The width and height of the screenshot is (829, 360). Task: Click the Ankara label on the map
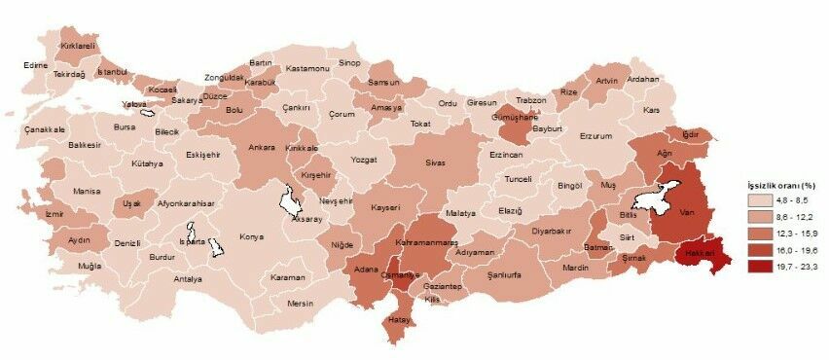coord(262,148)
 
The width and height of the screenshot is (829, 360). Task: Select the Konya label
coord(252,236)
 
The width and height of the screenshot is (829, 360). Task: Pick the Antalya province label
coord(187,279)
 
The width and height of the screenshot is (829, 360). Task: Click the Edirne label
coord(37,65)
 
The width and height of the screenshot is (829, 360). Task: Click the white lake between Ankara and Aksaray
coord(289,201)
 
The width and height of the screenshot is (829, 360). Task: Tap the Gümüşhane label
coord(516,116)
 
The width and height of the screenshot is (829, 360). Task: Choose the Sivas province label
coord(435,162)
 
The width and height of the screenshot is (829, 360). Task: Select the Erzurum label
coord(595,136)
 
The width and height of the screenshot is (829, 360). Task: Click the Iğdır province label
coord(692,132)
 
